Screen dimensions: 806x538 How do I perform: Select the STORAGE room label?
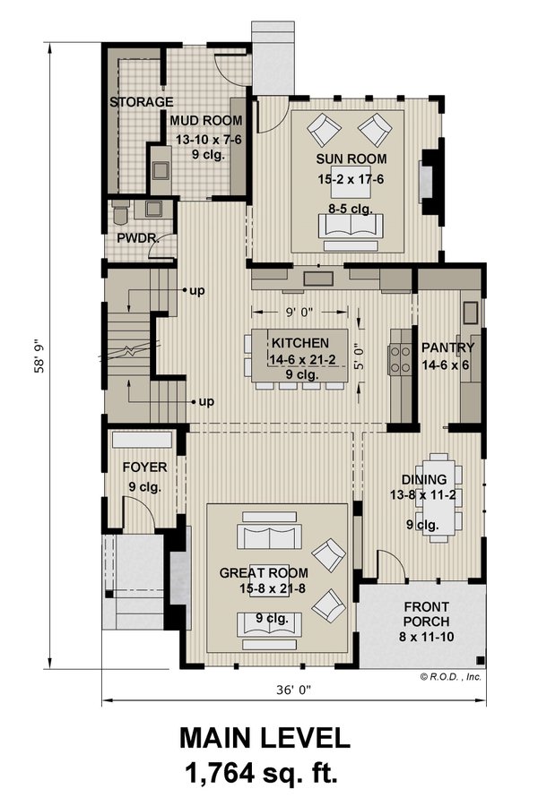141,102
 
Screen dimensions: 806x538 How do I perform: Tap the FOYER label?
144,467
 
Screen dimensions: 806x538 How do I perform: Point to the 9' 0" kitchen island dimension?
299,313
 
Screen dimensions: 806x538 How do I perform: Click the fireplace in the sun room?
430,175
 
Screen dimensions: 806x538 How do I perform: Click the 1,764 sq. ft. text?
264,773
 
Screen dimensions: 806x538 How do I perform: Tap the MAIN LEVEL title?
264,740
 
